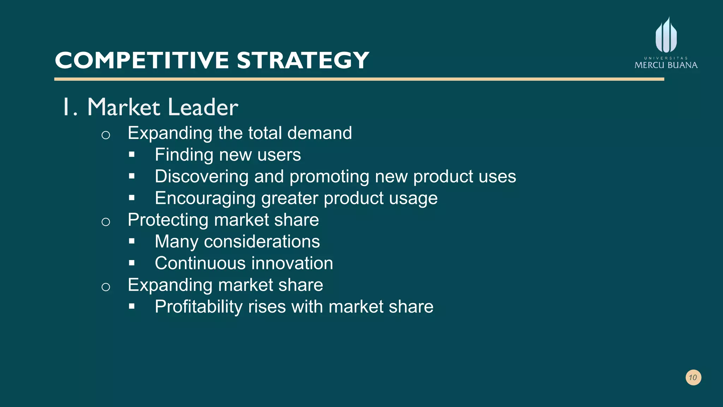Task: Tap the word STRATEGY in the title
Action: (303, 60)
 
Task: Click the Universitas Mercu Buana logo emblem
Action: (666, 35)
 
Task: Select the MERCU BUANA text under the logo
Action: (666, 65)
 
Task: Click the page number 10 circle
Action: (693, 377)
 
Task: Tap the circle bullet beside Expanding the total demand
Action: (106, 135)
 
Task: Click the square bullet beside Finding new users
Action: (132, 154)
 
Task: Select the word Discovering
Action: (202, 176)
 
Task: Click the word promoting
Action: (329, 176)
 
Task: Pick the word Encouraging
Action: (205, 198)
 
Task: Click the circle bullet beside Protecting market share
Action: (106, 222)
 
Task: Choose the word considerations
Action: (262, 242)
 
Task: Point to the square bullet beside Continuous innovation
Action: (132, 263)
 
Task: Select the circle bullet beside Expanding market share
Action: (106, 287)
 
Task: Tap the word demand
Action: (319, 133)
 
